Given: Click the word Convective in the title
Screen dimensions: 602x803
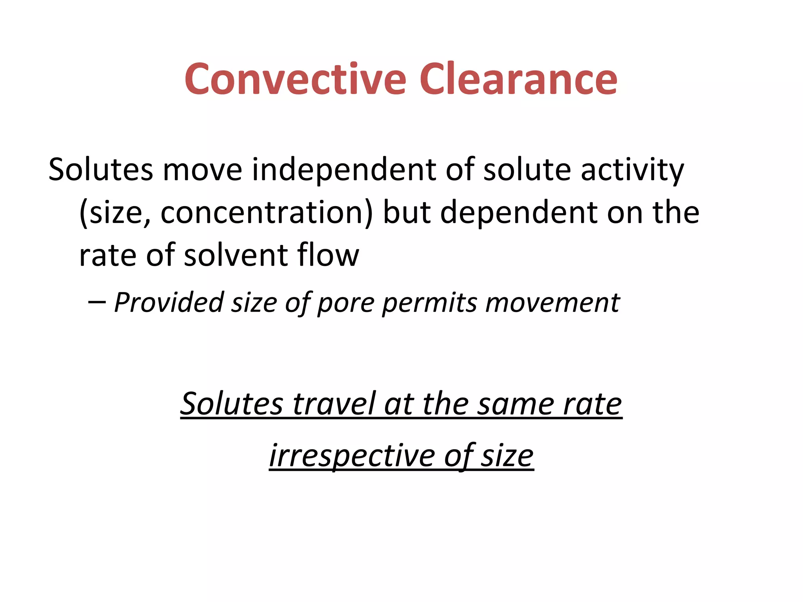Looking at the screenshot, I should [295, 80].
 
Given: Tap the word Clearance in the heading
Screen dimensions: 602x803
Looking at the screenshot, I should [518, 80].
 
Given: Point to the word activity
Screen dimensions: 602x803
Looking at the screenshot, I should [632, 170].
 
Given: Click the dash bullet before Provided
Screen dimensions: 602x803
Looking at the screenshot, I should [96, 302].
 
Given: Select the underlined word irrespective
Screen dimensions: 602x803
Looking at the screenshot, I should [352, 456].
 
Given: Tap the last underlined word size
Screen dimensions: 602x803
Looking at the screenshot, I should [507, 456].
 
